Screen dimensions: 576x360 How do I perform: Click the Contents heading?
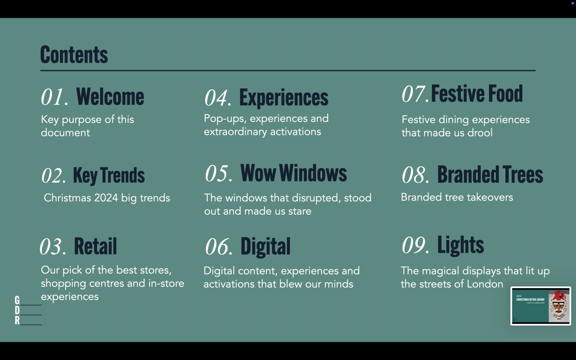74,55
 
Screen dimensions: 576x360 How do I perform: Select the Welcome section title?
110,97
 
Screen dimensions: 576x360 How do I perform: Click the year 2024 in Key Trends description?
106,198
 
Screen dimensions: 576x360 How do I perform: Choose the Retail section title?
95,246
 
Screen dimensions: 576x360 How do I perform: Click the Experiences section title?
284,98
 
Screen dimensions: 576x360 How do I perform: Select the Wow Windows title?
294,173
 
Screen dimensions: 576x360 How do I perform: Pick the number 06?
219,247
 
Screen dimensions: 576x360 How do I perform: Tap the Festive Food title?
477,94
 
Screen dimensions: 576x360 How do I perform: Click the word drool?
480,133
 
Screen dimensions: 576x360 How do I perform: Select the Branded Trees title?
490,174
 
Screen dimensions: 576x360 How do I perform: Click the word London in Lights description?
485,284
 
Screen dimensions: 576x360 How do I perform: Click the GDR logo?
28,310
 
